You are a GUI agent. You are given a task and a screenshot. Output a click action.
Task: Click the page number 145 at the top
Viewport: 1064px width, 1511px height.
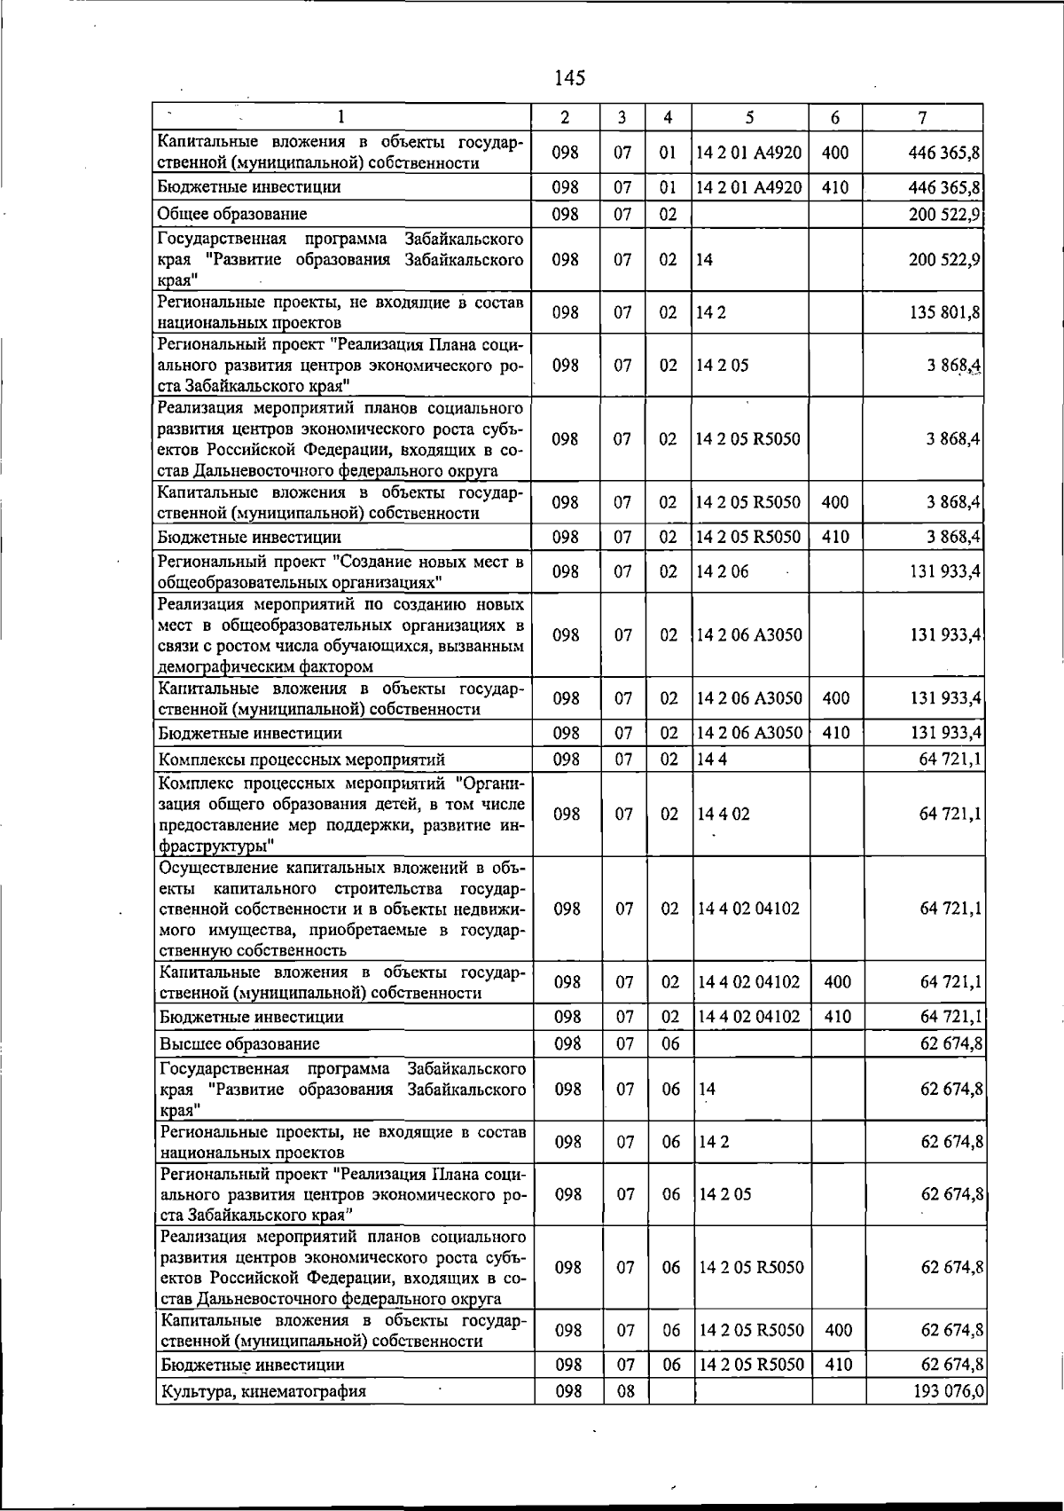(x=569, y=78)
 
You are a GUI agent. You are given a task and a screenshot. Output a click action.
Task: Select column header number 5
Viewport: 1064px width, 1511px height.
(x=750, y=117)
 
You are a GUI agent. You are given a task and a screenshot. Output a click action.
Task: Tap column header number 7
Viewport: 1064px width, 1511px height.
(x=923, y=117)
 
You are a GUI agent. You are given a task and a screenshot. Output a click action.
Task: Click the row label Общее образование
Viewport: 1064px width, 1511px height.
(x=232, y=214)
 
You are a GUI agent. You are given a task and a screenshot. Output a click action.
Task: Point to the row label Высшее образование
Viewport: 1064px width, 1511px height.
(x=239, y=1043)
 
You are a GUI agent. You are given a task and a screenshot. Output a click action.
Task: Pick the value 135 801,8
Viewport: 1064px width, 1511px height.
(x=945, y=312)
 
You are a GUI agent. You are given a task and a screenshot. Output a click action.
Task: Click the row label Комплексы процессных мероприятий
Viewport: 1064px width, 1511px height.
(x=301, y=759)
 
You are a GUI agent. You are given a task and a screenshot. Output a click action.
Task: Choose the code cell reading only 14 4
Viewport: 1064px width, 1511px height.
(x=713, y=759)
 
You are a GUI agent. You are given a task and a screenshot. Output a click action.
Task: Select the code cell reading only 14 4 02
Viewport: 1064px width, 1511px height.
(x=724, y=814)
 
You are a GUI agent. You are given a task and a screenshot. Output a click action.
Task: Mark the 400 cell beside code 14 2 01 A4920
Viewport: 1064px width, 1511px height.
(x=835, y=153)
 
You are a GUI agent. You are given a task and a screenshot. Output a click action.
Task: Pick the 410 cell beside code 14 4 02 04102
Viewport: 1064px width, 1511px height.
(x=838, y=1017)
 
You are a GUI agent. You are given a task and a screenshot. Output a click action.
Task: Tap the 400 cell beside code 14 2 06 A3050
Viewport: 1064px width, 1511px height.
(x=836, y=698)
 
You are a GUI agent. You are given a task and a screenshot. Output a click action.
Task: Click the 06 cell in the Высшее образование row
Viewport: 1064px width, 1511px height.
(x=670, y=1043)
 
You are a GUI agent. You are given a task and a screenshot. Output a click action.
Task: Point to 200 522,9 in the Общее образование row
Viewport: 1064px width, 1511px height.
(x=945, y=214)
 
